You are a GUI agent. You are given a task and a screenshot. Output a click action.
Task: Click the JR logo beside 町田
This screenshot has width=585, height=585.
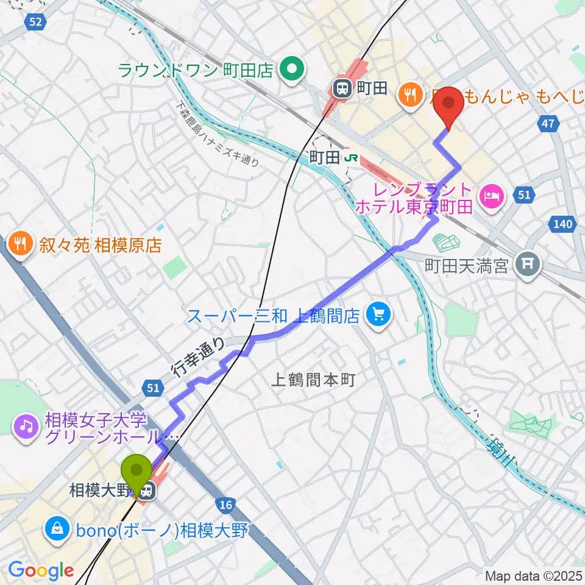(352, 157)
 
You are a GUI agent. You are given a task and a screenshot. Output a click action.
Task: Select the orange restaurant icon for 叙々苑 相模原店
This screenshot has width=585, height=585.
(20, 245)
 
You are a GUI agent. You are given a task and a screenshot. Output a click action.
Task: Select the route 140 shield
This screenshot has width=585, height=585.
(563, 224)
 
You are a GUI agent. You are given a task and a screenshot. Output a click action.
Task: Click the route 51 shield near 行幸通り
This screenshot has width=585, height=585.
(153, 388)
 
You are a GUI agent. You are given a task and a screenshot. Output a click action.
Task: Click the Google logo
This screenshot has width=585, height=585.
(41, 570)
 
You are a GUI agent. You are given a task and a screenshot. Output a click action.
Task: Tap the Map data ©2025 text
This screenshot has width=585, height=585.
(533, 575)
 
